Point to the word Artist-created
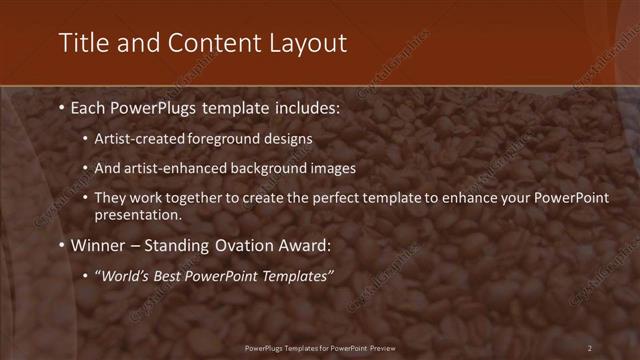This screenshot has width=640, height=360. click(x=142, y=139)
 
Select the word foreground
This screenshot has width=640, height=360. click(x=231, y=139)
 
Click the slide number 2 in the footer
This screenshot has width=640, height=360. click(x=589, y=348)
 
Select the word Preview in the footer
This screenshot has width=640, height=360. click(x=379, y=348)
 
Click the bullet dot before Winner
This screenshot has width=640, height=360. click(x=63, y=245)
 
